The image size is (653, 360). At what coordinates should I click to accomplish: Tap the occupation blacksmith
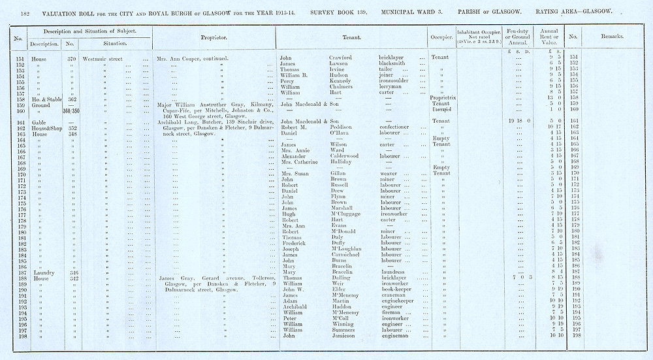[x=394, y=63]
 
